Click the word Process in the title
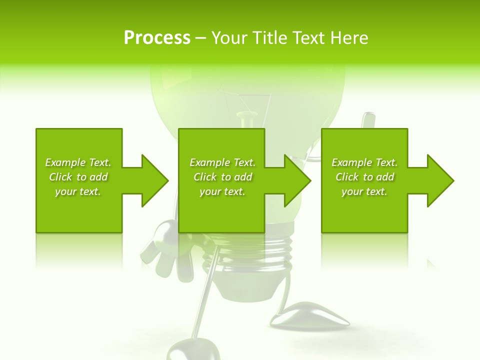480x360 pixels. (x=157, y=38)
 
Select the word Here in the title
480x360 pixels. (x=349, y=38)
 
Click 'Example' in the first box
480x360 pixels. (x=65, y=162)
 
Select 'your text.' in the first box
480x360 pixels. (x=78, y=191)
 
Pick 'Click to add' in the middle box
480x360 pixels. (x=222, y=177)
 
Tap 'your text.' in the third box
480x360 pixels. (x=364, y=191)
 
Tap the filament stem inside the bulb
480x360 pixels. (x=246, y=120)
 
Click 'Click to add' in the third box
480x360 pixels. (x=364, y=177)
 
